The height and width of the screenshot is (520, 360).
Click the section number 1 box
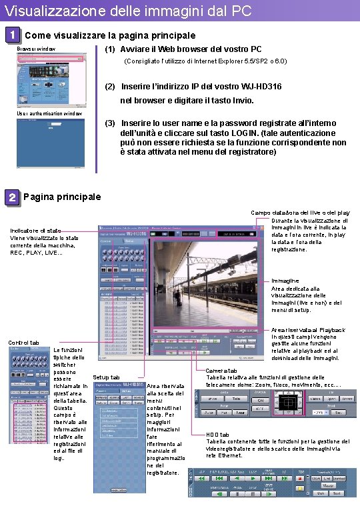[11, 34]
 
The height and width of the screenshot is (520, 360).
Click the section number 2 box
[11, 197]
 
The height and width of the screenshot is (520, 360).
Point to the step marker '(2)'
[110, 87]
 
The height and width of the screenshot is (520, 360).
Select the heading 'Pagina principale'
[62, 197]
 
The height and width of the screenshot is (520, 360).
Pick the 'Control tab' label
[23, 343]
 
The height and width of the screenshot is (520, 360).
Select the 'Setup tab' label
[107, 377]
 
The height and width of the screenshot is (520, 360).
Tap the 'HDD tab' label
[217, 434]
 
